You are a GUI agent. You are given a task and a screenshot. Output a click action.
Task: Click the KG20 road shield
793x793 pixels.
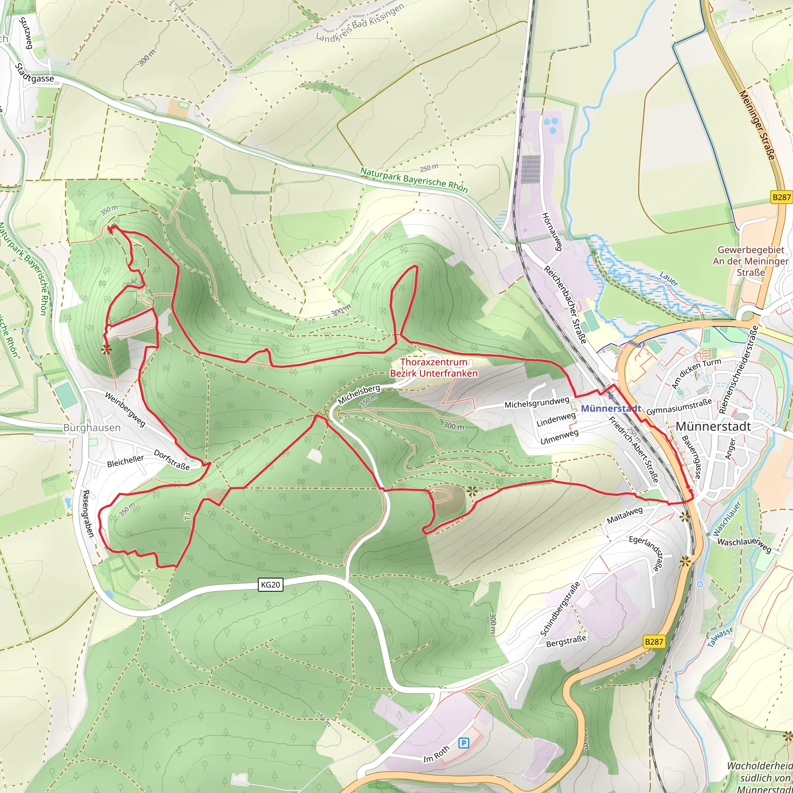click(x=271, y=584)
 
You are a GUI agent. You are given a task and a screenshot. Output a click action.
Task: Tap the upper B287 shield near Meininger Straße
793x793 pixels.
click(x=781, y=197)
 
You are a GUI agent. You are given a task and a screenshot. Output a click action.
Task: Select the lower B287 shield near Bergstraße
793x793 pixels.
click(x=654, y=642)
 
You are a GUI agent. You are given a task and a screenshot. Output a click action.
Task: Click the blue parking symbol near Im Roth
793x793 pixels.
click(x=463, y=743)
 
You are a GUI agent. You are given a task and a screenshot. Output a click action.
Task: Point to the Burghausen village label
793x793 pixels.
click(x=92, y=428)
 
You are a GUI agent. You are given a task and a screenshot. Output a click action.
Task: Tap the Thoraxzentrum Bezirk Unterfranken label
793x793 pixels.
click(x=434, y=368)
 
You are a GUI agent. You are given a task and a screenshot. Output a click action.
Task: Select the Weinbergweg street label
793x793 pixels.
click(x=125, y=409)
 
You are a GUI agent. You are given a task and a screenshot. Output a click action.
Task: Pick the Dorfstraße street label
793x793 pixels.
click(x=172, y=460)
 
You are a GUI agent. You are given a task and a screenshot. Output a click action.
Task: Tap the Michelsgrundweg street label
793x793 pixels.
click(x=537, y=403)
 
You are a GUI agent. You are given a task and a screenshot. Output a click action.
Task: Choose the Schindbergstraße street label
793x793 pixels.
click(x=560, y=609)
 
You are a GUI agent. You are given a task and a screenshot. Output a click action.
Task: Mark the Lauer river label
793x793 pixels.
click(x=669, y=279)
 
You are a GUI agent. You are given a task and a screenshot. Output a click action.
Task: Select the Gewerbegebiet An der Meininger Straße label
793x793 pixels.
click(x=751, y=261)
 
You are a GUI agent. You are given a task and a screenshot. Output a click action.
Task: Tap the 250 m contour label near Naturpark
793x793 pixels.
click(x=429, y=168)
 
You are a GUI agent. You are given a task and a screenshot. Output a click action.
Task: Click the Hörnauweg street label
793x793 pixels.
click(x=552, y=231)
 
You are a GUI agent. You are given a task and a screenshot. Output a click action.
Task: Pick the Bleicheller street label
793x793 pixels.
click(x=125, y=461)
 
